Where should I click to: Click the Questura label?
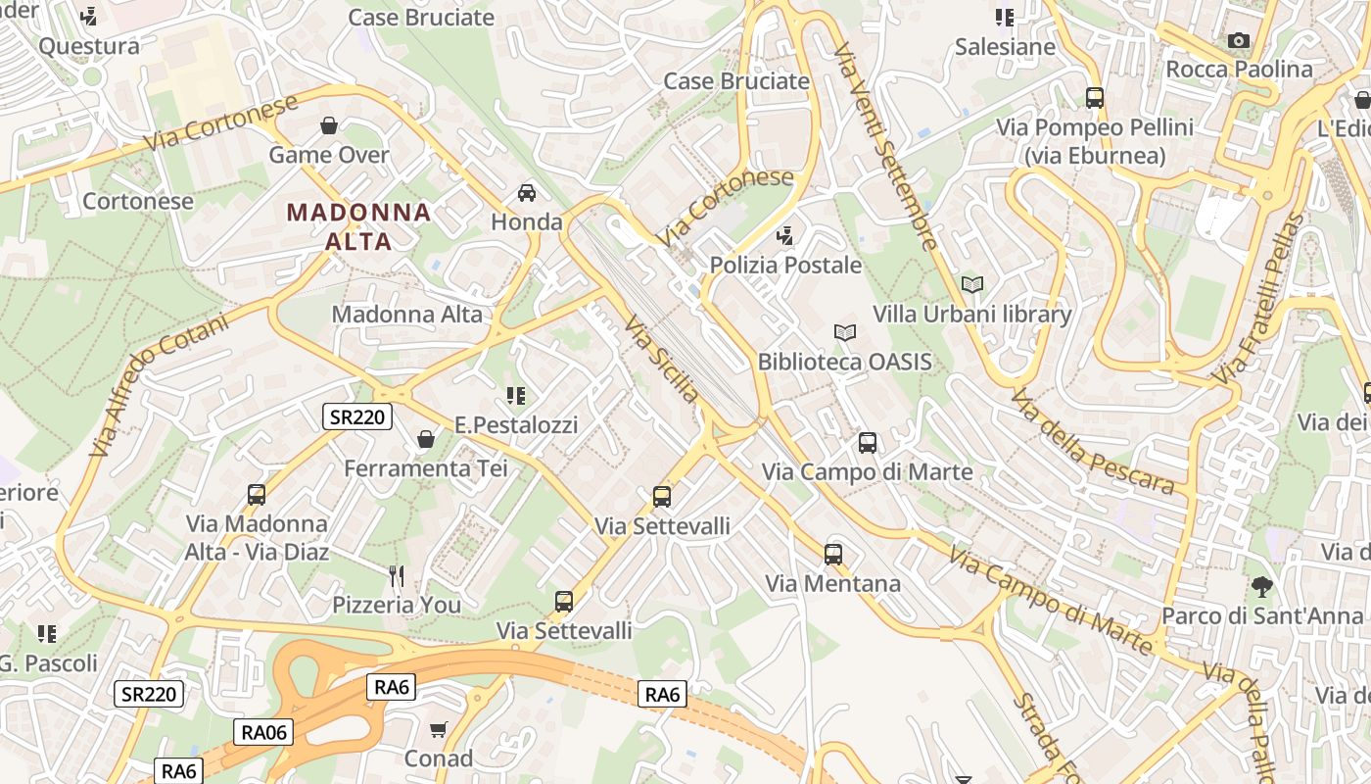89,46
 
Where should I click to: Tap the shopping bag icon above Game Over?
329,125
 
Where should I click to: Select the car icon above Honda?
527,192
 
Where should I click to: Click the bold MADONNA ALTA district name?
358,226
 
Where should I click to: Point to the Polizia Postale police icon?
784,235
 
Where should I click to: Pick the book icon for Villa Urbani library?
971,285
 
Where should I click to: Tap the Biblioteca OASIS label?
844,362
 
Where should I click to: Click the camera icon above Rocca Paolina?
1239,40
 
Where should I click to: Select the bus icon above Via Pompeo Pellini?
1094,98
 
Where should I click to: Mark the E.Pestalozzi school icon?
516,396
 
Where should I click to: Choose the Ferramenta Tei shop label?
426,468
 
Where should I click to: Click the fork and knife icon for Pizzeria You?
397,575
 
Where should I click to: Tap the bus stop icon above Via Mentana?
832,555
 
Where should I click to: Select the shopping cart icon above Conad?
438,729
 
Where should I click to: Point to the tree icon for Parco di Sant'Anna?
1262,587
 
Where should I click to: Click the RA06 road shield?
263,731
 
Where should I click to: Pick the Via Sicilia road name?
663,359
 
